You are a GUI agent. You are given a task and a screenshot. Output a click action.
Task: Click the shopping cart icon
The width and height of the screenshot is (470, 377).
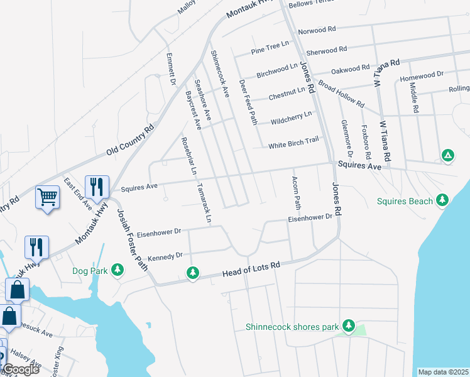click(48, 198)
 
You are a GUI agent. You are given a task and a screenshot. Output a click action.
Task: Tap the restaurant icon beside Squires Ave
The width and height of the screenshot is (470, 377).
click(97, 187)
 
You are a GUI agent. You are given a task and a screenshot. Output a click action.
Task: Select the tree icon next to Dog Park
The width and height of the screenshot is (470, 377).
click(117, 270)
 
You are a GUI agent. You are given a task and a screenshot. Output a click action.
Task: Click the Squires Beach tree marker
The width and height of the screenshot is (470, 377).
click(442, 200)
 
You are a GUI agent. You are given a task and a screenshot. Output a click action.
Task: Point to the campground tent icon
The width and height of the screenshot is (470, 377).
click(447, 155)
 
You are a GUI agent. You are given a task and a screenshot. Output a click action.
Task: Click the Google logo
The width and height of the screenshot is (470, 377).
click(21, 369)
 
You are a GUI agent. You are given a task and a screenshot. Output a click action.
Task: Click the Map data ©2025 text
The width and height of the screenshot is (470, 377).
click(444, 371)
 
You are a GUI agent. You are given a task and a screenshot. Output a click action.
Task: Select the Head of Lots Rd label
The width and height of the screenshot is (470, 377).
click(251, 270)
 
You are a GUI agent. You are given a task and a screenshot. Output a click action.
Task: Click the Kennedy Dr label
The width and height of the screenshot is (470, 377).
click(164, 256)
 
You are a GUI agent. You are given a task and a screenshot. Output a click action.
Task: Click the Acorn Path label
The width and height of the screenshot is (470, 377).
click(294, 193)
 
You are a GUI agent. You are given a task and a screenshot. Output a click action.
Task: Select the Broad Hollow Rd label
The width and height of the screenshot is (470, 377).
click(341, 92)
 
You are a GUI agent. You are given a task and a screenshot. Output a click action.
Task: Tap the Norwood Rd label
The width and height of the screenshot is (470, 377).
click(317, 30)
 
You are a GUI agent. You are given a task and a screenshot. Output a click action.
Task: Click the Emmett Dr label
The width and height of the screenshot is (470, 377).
click(170, 69)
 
